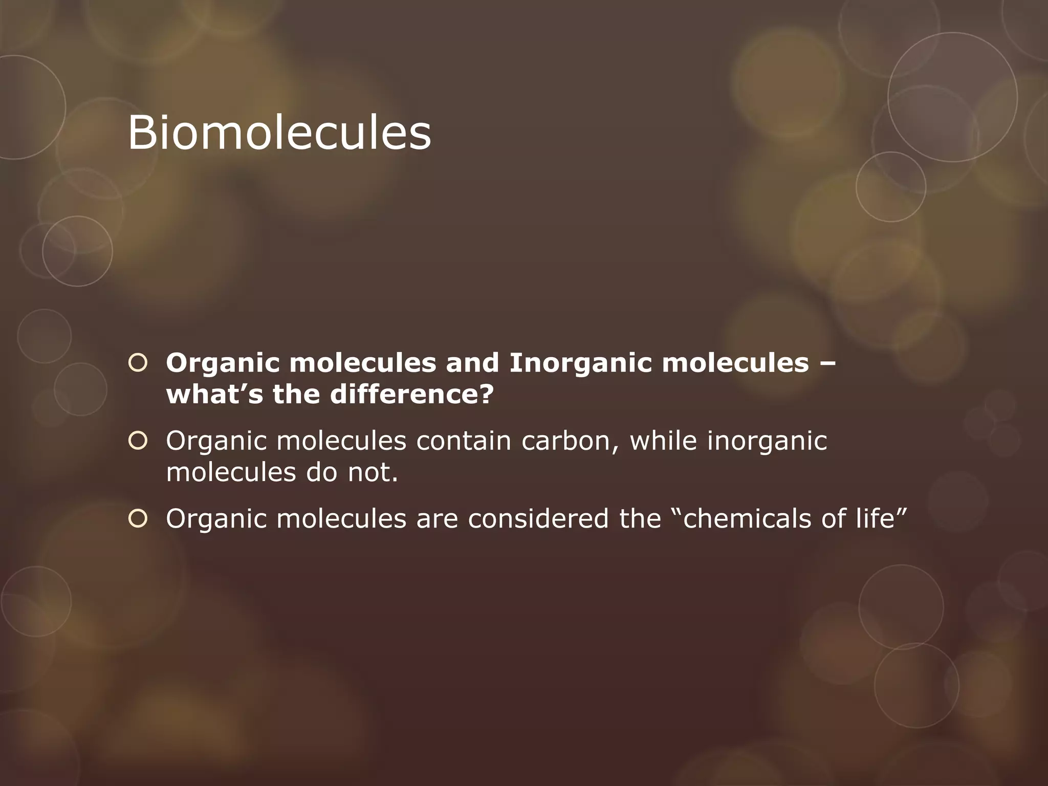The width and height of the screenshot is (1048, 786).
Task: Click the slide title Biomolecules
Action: [279, 133]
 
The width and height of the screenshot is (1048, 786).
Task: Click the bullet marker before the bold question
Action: [138, 363]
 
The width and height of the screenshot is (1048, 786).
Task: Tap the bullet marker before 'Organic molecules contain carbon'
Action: [138, 441]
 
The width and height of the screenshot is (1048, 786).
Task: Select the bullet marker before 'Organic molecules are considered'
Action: [138, 518]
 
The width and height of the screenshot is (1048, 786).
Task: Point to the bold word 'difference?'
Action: [412, 395]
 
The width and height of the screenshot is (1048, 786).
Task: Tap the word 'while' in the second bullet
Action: [663, 441]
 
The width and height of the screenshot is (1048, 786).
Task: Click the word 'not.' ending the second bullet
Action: [373, 472]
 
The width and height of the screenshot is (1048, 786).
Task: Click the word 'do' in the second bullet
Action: [322, 472]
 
